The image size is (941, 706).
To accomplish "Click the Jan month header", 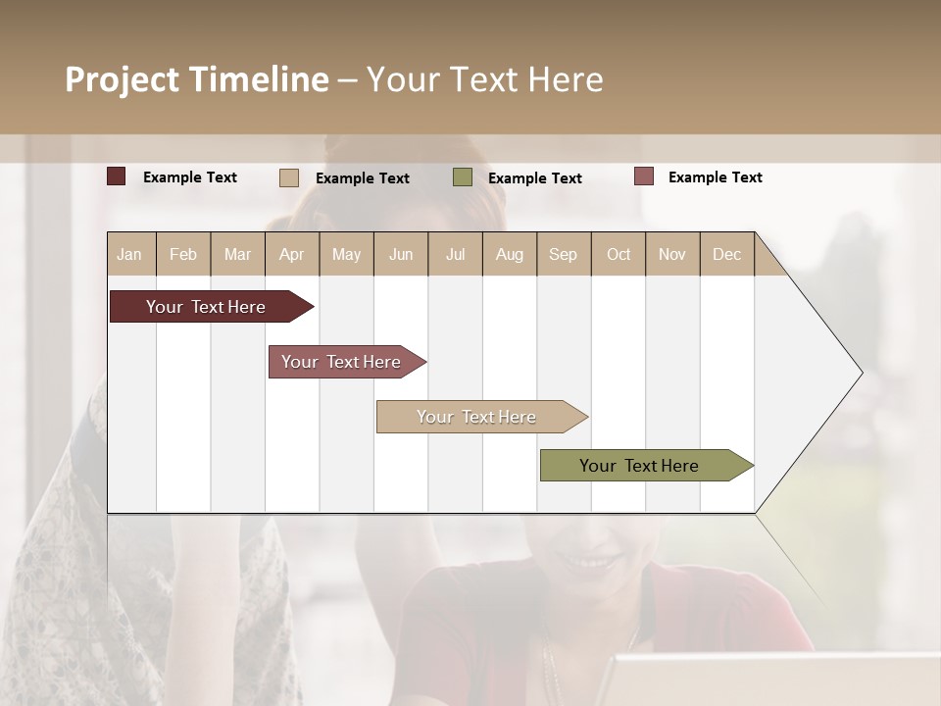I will pyautogui.click(x=129, y=254).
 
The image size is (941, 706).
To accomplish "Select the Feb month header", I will pyautogui.click(x=183, y=254).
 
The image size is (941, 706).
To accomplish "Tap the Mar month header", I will pyautogui.click(x=237, y=254).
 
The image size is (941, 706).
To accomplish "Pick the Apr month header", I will pyautogui.click(x=291, y=254).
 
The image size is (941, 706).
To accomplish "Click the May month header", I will pyautogui.click(x=346, y=254).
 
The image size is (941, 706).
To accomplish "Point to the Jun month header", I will pyautogui.click(x=401, y=254).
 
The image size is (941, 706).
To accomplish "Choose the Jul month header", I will pyautogui.click(x=455, y=254).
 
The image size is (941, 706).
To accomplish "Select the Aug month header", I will pyautogui.click(x=509, y=254).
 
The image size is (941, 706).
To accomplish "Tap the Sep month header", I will pyautogui.click(x=563, y=254).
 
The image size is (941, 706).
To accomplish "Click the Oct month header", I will pyautogui.click(x=619, y=254).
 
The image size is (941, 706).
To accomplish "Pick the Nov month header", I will pyautogui.click(x=672, y=254).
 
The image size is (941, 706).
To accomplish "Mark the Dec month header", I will pyautogui.click(x=726, y=254).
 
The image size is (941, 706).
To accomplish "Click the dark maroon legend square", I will pyautogui.click(x=117, y=176).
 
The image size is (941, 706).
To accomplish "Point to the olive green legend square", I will pyautogui.click(x=463, y=177).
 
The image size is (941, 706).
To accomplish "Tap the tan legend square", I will pyautogui.click(x=289, y=177).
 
